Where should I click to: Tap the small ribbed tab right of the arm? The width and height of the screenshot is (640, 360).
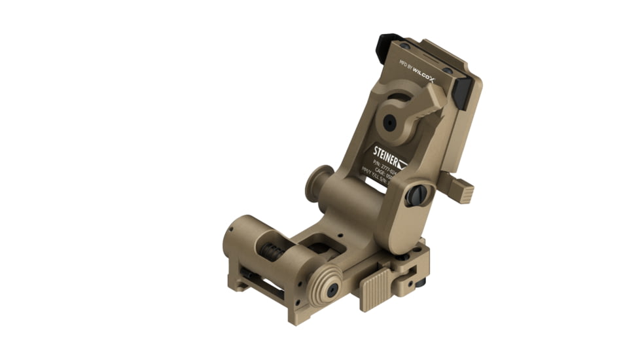[x=463, y=190]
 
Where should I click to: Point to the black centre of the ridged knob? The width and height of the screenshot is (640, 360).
[x=332, y=289]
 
